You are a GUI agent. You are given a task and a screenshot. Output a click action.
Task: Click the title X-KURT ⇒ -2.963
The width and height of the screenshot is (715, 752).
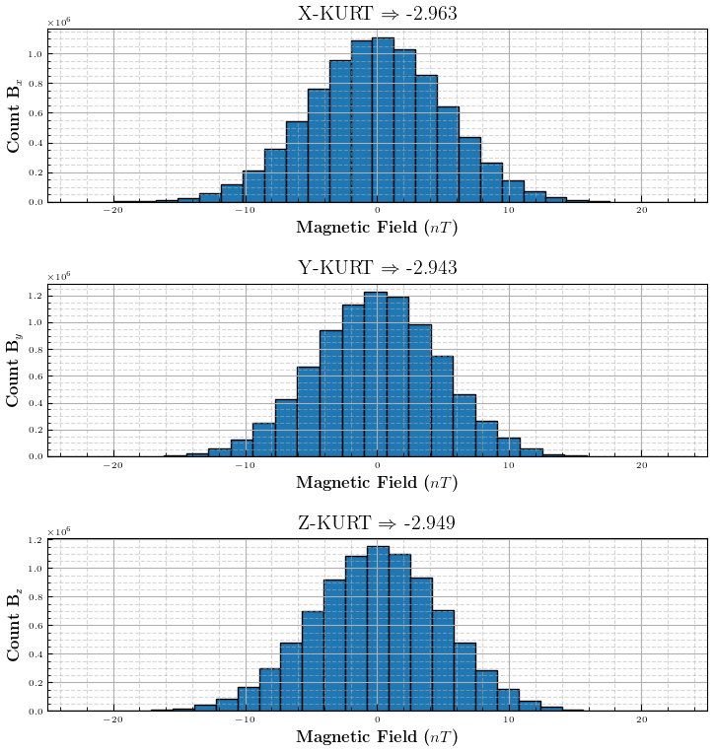coord(378,14)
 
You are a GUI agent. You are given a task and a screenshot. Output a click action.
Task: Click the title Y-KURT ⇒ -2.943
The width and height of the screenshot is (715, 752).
coord(378,268)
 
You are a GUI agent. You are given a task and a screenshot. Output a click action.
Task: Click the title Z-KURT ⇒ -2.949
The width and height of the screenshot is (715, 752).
coord(378,522)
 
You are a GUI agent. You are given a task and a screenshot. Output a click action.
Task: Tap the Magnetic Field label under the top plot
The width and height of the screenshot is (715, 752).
coord(377,228)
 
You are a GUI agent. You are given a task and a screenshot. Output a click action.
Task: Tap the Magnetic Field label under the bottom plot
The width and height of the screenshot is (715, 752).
coord(377,736)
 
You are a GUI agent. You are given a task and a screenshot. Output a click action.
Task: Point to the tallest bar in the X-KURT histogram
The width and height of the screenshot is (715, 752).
coord(384,118)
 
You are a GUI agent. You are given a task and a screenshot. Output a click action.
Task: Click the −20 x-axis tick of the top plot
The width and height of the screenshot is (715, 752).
coord(113,210)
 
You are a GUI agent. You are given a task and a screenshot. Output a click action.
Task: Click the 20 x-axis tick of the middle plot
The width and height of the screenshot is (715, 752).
coord(642,464)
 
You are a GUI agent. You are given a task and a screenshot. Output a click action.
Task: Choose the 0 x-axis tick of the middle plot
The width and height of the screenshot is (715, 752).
coord(378,464)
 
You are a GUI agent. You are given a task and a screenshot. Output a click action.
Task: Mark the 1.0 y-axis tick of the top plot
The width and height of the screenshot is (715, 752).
coord(36,54)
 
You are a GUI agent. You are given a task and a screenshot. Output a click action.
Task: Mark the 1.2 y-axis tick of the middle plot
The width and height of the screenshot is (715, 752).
coord(36,296)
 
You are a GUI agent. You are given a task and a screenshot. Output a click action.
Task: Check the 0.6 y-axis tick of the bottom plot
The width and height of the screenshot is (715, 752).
coord(36,625)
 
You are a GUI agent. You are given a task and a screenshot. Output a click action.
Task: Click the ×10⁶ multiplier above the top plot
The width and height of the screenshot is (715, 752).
coord(59,21)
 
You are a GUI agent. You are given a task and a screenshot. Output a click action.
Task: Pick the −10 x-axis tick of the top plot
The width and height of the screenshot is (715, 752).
coord(245,210)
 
